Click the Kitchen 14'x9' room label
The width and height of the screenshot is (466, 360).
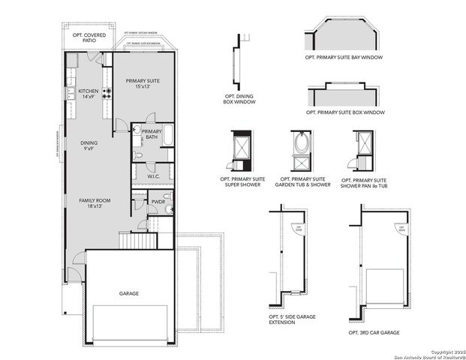(x=89, y=93)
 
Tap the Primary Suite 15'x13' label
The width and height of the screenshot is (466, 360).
(x=143, y=83)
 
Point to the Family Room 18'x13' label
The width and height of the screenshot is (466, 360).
(x=95, y=204)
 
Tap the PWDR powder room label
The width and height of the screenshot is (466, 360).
(x=158, y=202)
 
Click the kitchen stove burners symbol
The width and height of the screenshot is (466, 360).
(x=107, y=93)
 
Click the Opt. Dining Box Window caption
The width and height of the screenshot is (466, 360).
(x=239, y=98)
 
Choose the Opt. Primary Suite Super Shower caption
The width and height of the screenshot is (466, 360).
(x=240, y=182)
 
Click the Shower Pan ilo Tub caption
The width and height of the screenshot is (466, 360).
(x=363, y=182)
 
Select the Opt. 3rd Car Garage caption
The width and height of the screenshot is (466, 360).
(x=373, y=331)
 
